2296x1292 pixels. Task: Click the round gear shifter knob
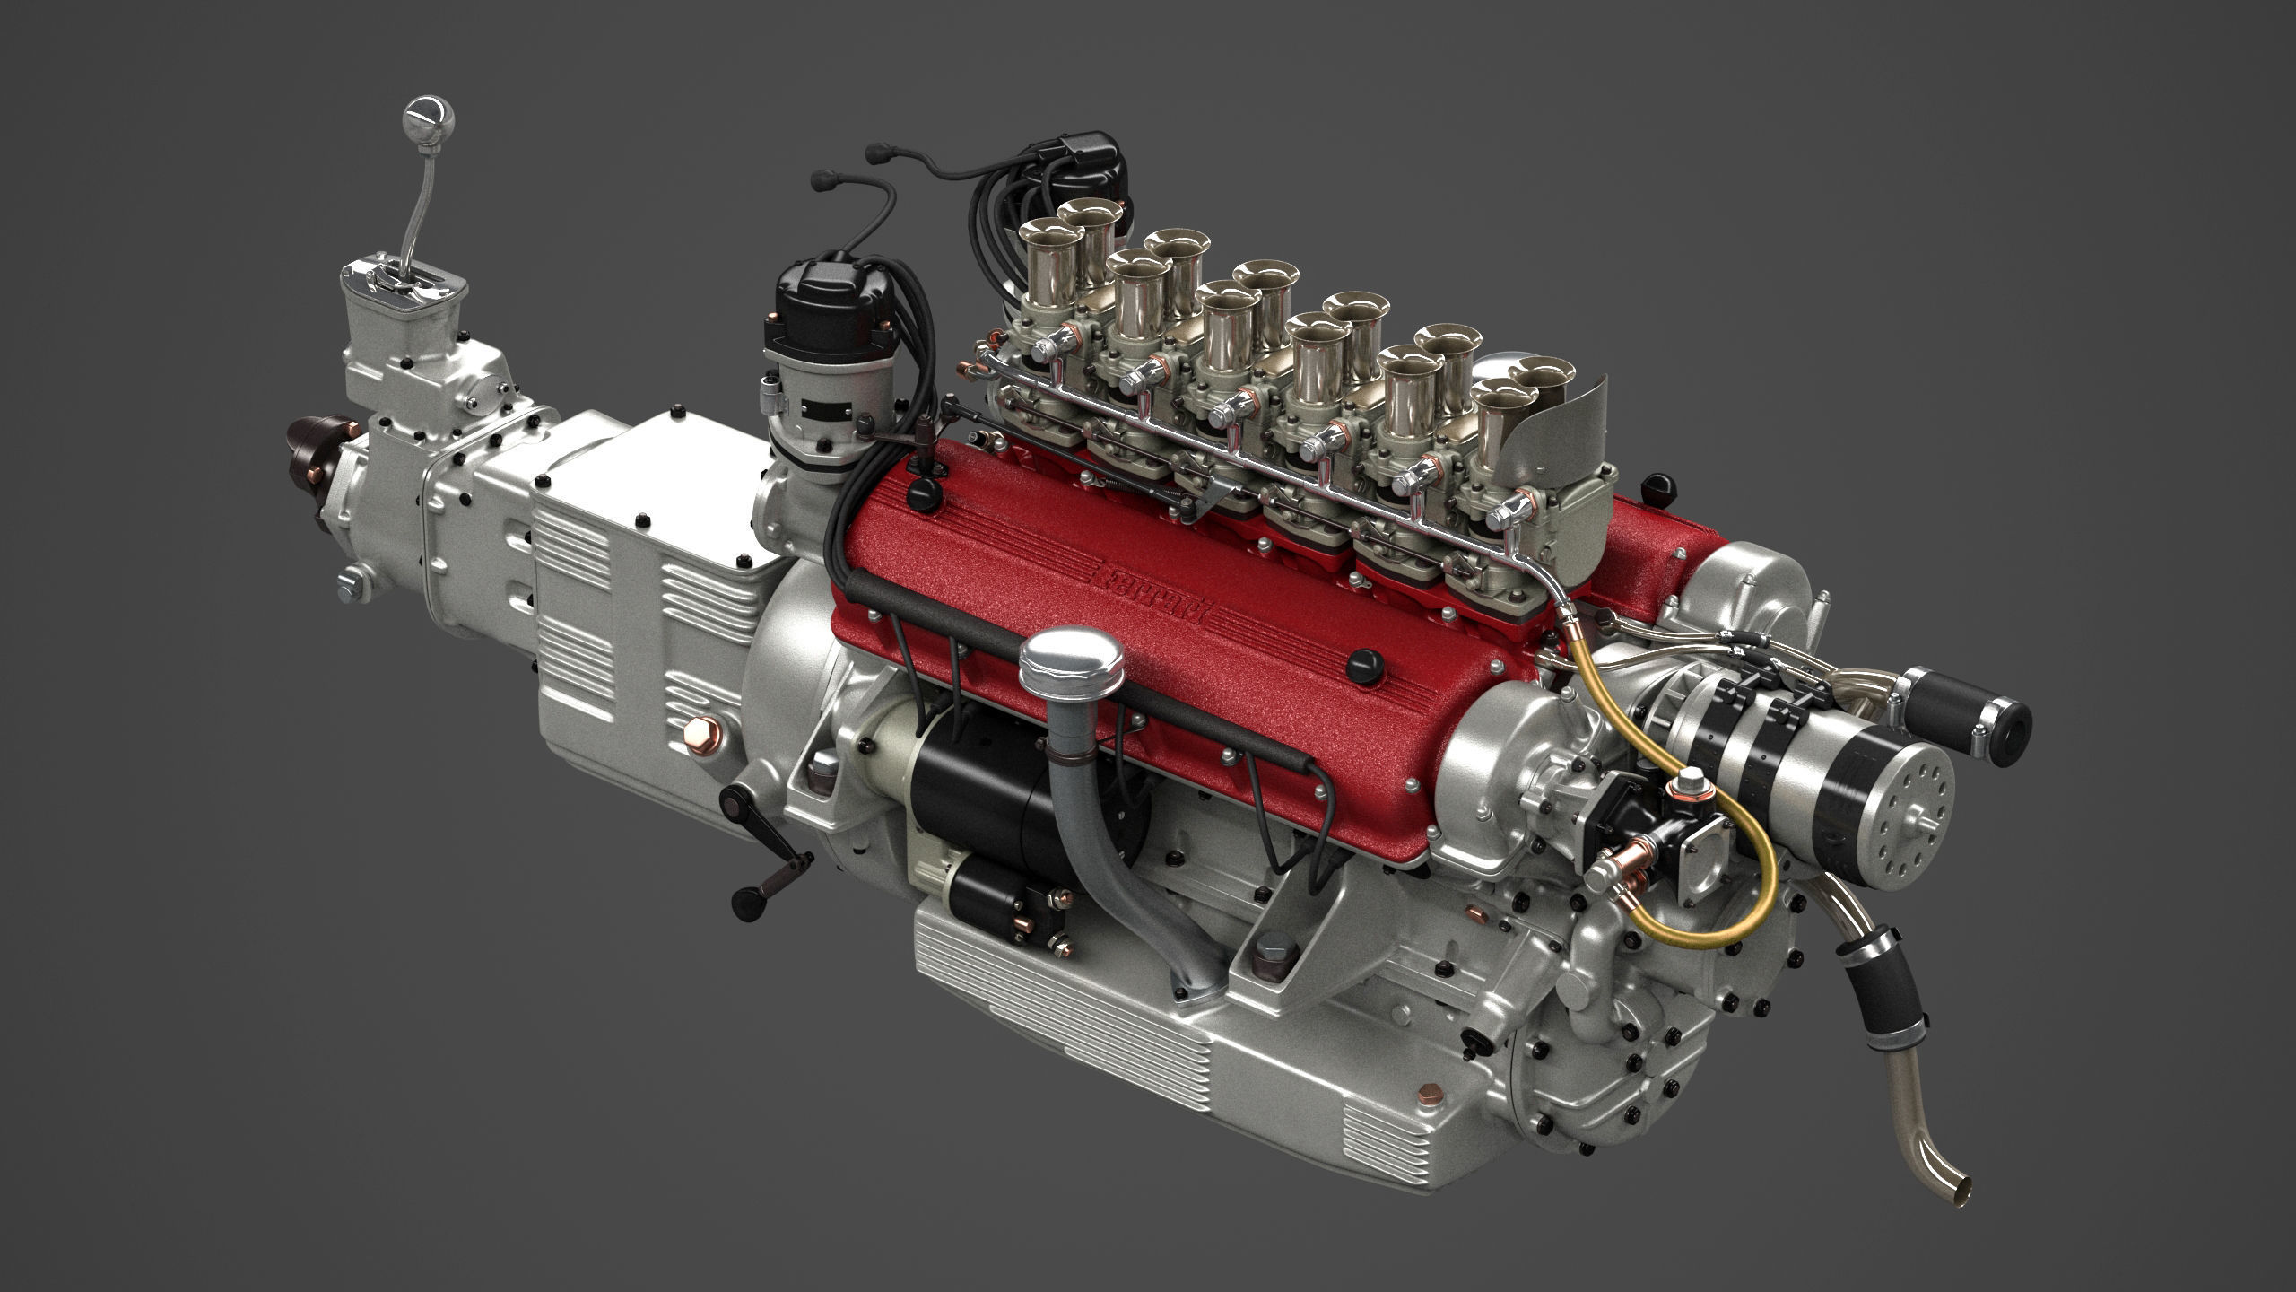point(429,121)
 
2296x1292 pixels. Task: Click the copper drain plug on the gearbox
point(698,731)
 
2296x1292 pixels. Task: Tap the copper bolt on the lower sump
point(1430,1094)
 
